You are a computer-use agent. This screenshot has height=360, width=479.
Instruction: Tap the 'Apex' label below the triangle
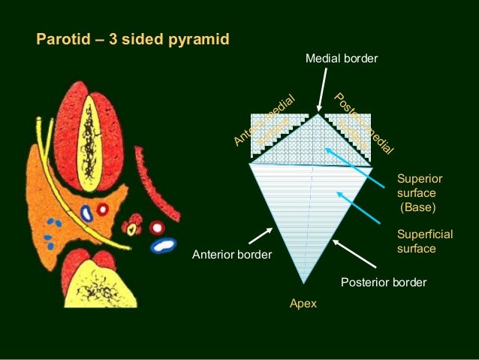(x=303, y=304)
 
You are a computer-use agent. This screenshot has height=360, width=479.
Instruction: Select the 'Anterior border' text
(x=232, y=255)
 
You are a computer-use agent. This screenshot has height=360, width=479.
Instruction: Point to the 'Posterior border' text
(x=384, y=283)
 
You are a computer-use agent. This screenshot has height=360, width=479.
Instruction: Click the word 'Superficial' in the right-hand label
(x=424, y=235)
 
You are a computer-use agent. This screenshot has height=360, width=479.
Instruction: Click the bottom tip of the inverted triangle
(x=303, y=282)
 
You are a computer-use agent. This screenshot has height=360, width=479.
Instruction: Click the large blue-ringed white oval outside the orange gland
(x=162, y=245)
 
